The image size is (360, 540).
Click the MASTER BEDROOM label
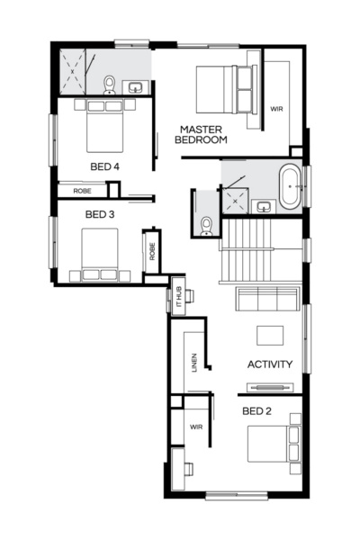(202, 134)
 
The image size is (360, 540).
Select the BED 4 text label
(104, 166)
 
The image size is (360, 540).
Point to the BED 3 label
(99, 214)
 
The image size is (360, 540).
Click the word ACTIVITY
(270, 364)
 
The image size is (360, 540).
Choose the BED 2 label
(256, 410)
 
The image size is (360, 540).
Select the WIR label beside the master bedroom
(277, 109)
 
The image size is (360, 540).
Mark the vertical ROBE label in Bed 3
(152, 251)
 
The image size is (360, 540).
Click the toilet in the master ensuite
(109, 85)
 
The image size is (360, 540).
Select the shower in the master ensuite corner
(75, 71)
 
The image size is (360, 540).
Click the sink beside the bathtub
(264, 206)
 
